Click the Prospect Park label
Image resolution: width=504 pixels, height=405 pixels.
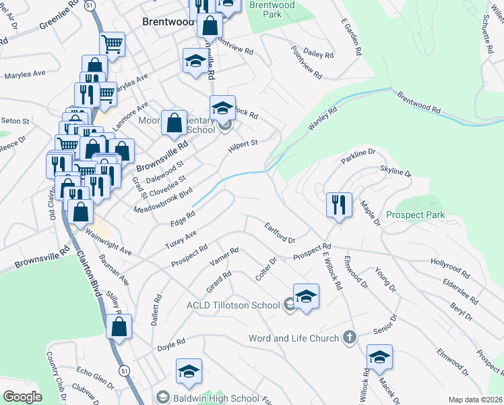click(416, 215)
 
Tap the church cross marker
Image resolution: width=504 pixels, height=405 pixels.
click(349, 337)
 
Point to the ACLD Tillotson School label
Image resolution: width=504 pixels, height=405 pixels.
click(233, 305)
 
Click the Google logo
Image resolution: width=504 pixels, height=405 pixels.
click(23, 396)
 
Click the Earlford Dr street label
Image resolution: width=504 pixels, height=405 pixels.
click(280, 234)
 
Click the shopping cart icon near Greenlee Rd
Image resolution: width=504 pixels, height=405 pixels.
click(113, 45)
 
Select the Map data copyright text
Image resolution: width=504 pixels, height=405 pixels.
click(476, 400)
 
